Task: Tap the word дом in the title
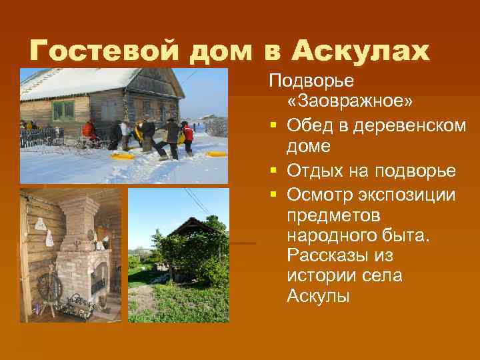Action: (x=214, y=50)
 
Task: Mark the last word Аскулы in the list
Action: (x=317, y=297)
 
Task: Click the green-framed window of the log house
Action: (x=64, y=109)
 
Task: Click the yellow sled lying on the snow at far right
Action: (x=217, y=154)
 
